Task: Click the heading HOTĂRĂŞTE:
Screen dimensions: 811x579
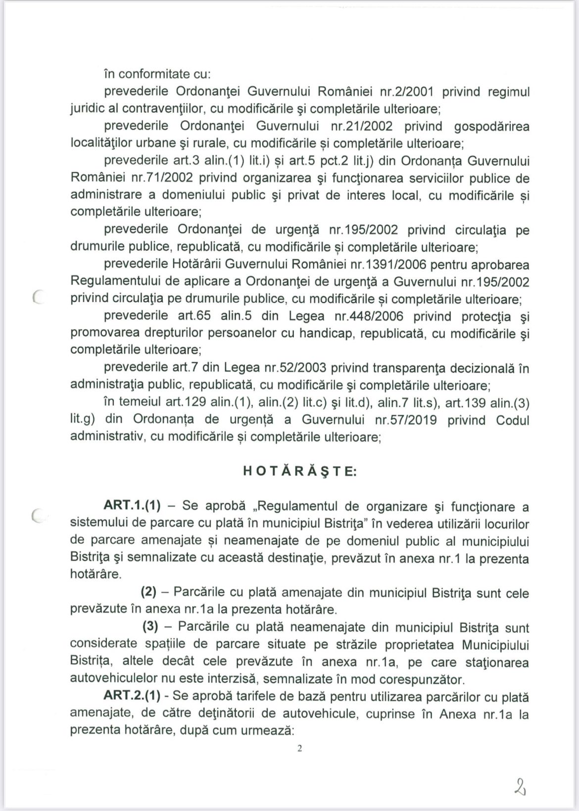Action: point(299,472)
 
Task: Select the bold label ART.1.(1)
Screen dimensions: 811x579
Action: point(132,506)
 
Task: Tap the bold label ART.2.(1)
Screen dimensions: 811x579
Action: point(132,696)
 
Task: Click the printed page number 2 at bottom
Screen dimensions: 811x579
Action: point(299,749)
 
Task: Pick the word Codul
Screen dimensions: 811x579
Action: point(512,420)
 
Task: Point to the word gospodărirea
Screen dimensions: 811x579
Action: point(492,126)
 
